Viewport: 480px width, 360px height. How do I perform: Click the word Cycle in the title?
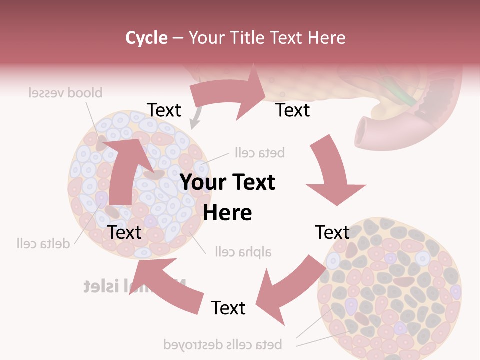tap(146, 38)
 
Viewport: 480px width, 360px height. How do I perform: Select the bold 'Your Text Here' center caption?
tap(227, 197)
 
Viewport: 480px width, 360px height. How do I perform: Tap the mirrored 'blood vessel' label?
tap(65, 93)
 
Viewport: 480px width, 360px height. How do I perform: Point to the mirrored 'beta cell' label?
tap(259, 152)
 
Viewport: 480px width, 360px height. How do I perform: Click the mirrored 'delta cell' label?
tap(43, 244)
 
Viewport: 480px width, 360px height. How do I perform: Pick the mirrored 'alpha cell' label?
tap(243, 251)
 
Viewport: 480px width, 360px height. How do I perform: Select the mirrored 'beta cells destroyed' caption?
tap(223, 344)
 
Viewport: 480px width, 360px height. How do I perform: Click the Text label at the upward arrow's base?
tap(124, 232)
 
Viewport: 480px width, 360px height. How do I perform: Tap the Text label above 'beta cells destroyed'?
tap(228, 308)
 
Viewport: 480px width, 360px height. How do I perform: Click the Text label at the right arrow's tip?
tap(293, 110)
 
